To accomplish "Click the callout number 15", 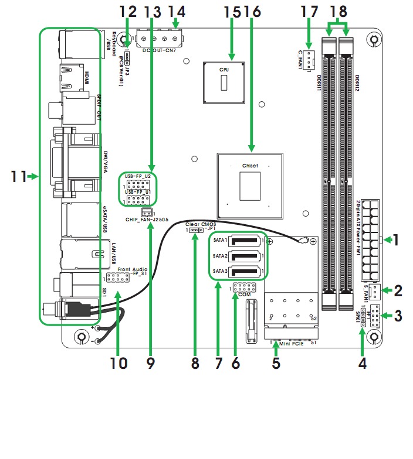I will click(x=232, y=11).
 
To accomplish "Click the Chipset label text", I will click(x=250, y=166).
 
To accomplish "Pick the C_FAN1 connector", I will click(x=310, y=57).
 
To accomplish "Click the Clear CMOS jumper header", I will click(x=196, y=231).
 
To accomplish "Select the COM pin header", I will click(x=243, y=287).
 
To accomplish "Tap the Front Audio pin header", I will click(x=117, y=278).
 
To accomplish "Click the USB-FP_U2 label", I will click(x=138, y=176).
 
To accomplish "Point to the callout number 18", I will click(x=338, y=11).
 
